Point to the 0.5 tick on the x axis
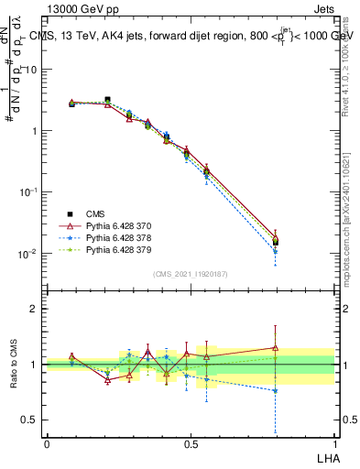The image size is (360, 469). (x=190, y=442)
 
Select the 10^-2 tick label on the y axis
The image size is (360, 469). (x=28, y=254)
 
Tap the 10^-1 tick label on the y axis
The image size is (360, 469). (x=28, y=192)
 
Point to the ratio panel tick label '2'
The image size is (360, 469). (x=33, y=310)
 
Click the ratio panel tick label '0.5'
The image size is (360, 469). (x=28, y=420)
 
